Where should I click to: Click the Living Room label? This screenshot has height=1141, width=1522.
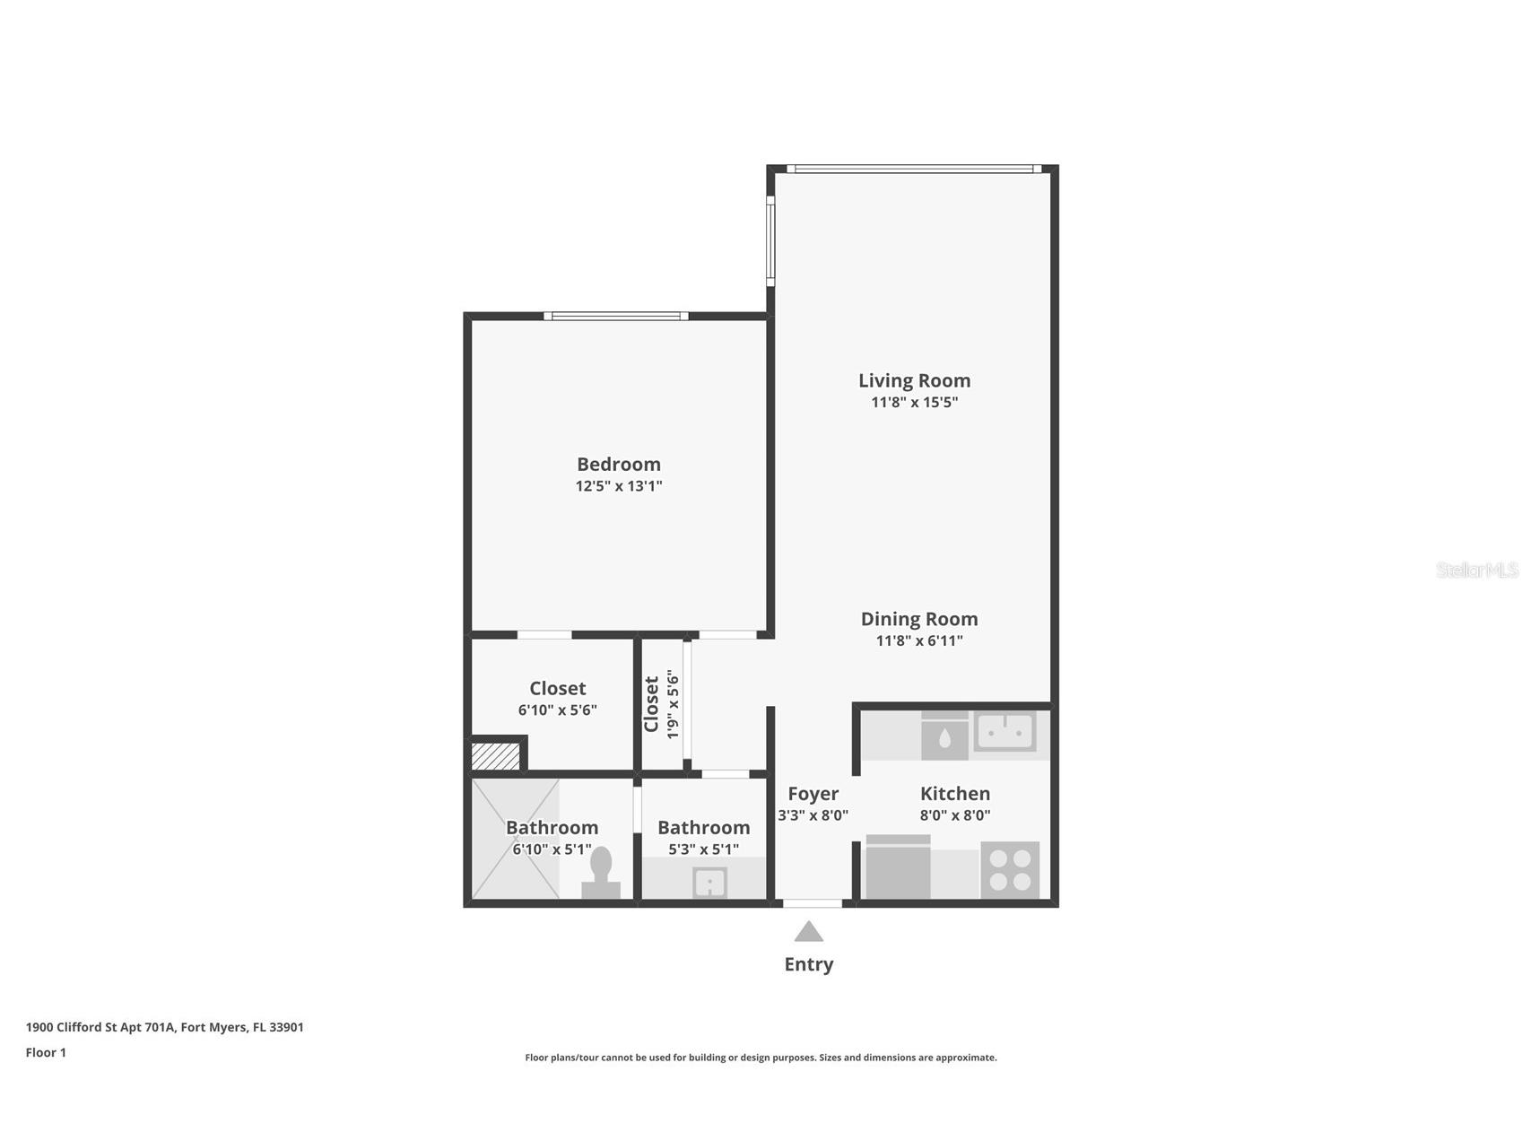pyautogui.click(x=914, y=380)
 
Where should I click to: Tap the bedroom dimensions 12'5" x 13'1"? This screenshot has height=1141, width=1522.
pyautogui.click(x=618, y=486)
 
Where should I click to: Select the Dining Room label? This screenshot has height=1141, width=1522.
pyautogui.click(x=918, y=619)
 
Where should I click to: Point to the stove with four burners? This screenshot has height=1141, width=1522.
pyautogui.click(x=1009, y=869)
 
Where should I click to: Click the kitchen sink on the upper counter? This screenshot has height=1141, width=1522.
pyautogui.click(x=1005, y=731)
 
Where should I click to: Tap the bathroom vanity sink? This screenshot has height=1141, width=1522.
pyautogui.click(x=709, y=882)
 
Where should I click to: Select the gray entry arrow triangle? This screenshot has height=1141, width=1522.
pyautogui.click(x=808, y=932)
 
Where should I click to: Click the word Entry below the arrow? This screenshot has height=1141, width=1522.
pyautogui.click(x=808, y=964)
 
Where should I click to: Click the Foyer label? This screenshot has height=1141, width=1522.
pyautogui.click(x=813, y=794)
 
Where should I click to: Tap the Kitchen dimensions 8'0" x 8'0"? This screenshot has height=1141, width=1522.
pyautogui.click(x=954, y=815)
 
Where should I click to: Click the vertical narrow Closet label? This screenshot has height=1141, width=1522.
pyautogui.click(x=652, y=704)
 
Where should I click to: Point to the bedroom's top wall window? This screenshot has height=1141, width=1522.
pyautogui.click(x=616, y=316)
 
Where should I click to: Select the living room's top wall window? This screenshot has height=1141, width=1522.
pyautogui.click(x=913, y=169)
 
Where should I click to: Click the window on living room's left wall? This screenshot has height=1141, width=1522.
pyautogui.click(x=770, y=240)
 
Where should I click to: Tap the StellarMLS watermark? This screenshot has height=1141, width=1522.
pyautogui.click(x=1476, y=570)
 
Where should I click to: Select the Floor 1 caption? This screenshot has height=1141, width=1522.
pyautogui.click(x=46, y=1053)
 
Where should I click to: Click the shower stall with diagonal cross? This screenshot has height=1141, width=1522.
pyautogui.click(x=515, y=839)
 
